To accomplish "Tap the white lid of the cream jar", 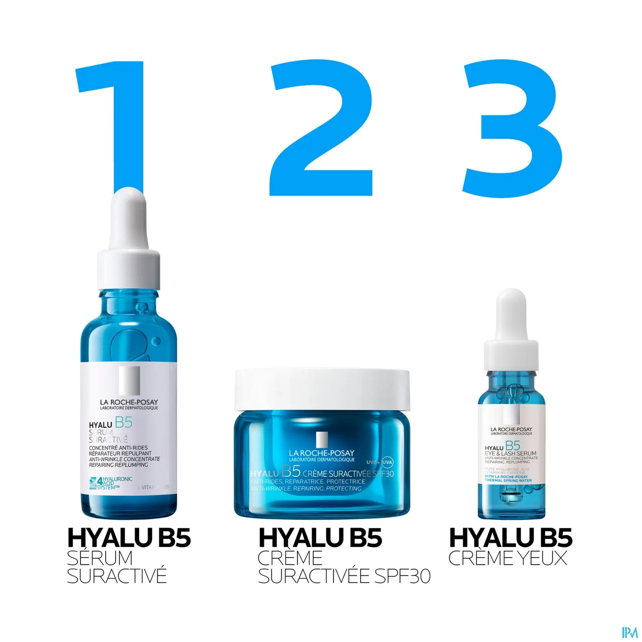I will click(x=322, y=389).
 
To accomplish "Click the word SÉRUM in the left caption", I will click(x=100, y=558).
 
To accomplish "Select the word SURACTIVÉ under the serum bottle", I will click(x=116, y=576).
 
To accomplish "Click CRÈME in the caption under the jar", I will click(x=290, y=558).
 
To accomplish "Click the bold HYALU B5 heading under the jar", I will click(x=320, y=538).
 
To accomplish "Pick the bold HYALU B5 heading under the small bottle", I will click(x=510, y=538).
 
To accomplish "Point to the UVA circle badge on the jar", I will click(x=387, y=462).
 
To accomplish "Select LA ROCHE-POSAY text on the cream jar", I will click(x=322, y=453).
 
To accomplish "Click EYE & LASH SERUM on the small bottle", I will click(x=510, y=453).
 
